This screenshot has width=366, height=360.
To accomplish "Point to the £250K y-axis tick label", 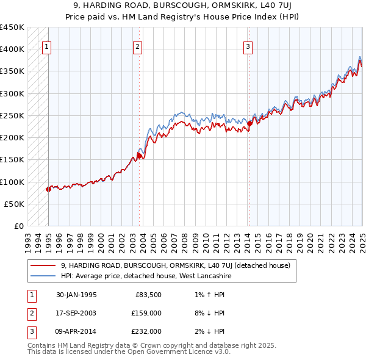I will (x=12, y=115).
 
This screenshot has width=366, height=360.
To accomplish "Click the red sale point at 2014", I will (x=249, y=124).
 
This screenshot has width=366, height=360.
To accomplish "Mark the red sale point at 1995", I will (x=48, y=189).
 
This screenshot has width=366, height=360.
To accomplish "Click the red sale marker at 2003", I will (x=139, y=156).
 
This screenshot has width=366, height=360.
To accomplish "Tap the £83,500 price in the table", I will (x=148, y=295).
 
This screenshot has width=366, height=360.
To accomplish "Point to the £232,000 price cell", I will (x=147, y=331).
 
